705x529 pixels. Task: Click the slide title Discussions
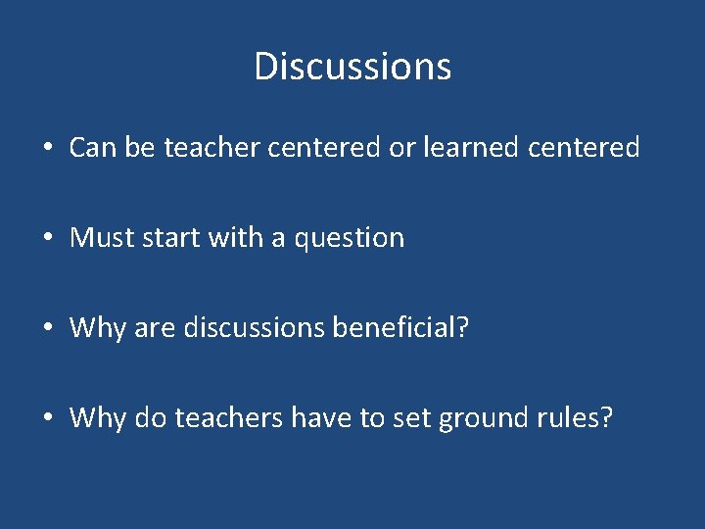click(352, 67)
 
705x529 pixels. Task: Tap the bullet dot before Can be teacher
click(47, 149)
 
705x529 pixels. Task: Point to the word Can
click(92, 148)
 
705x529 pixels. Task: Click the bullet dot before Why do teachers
click(47, 419)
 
